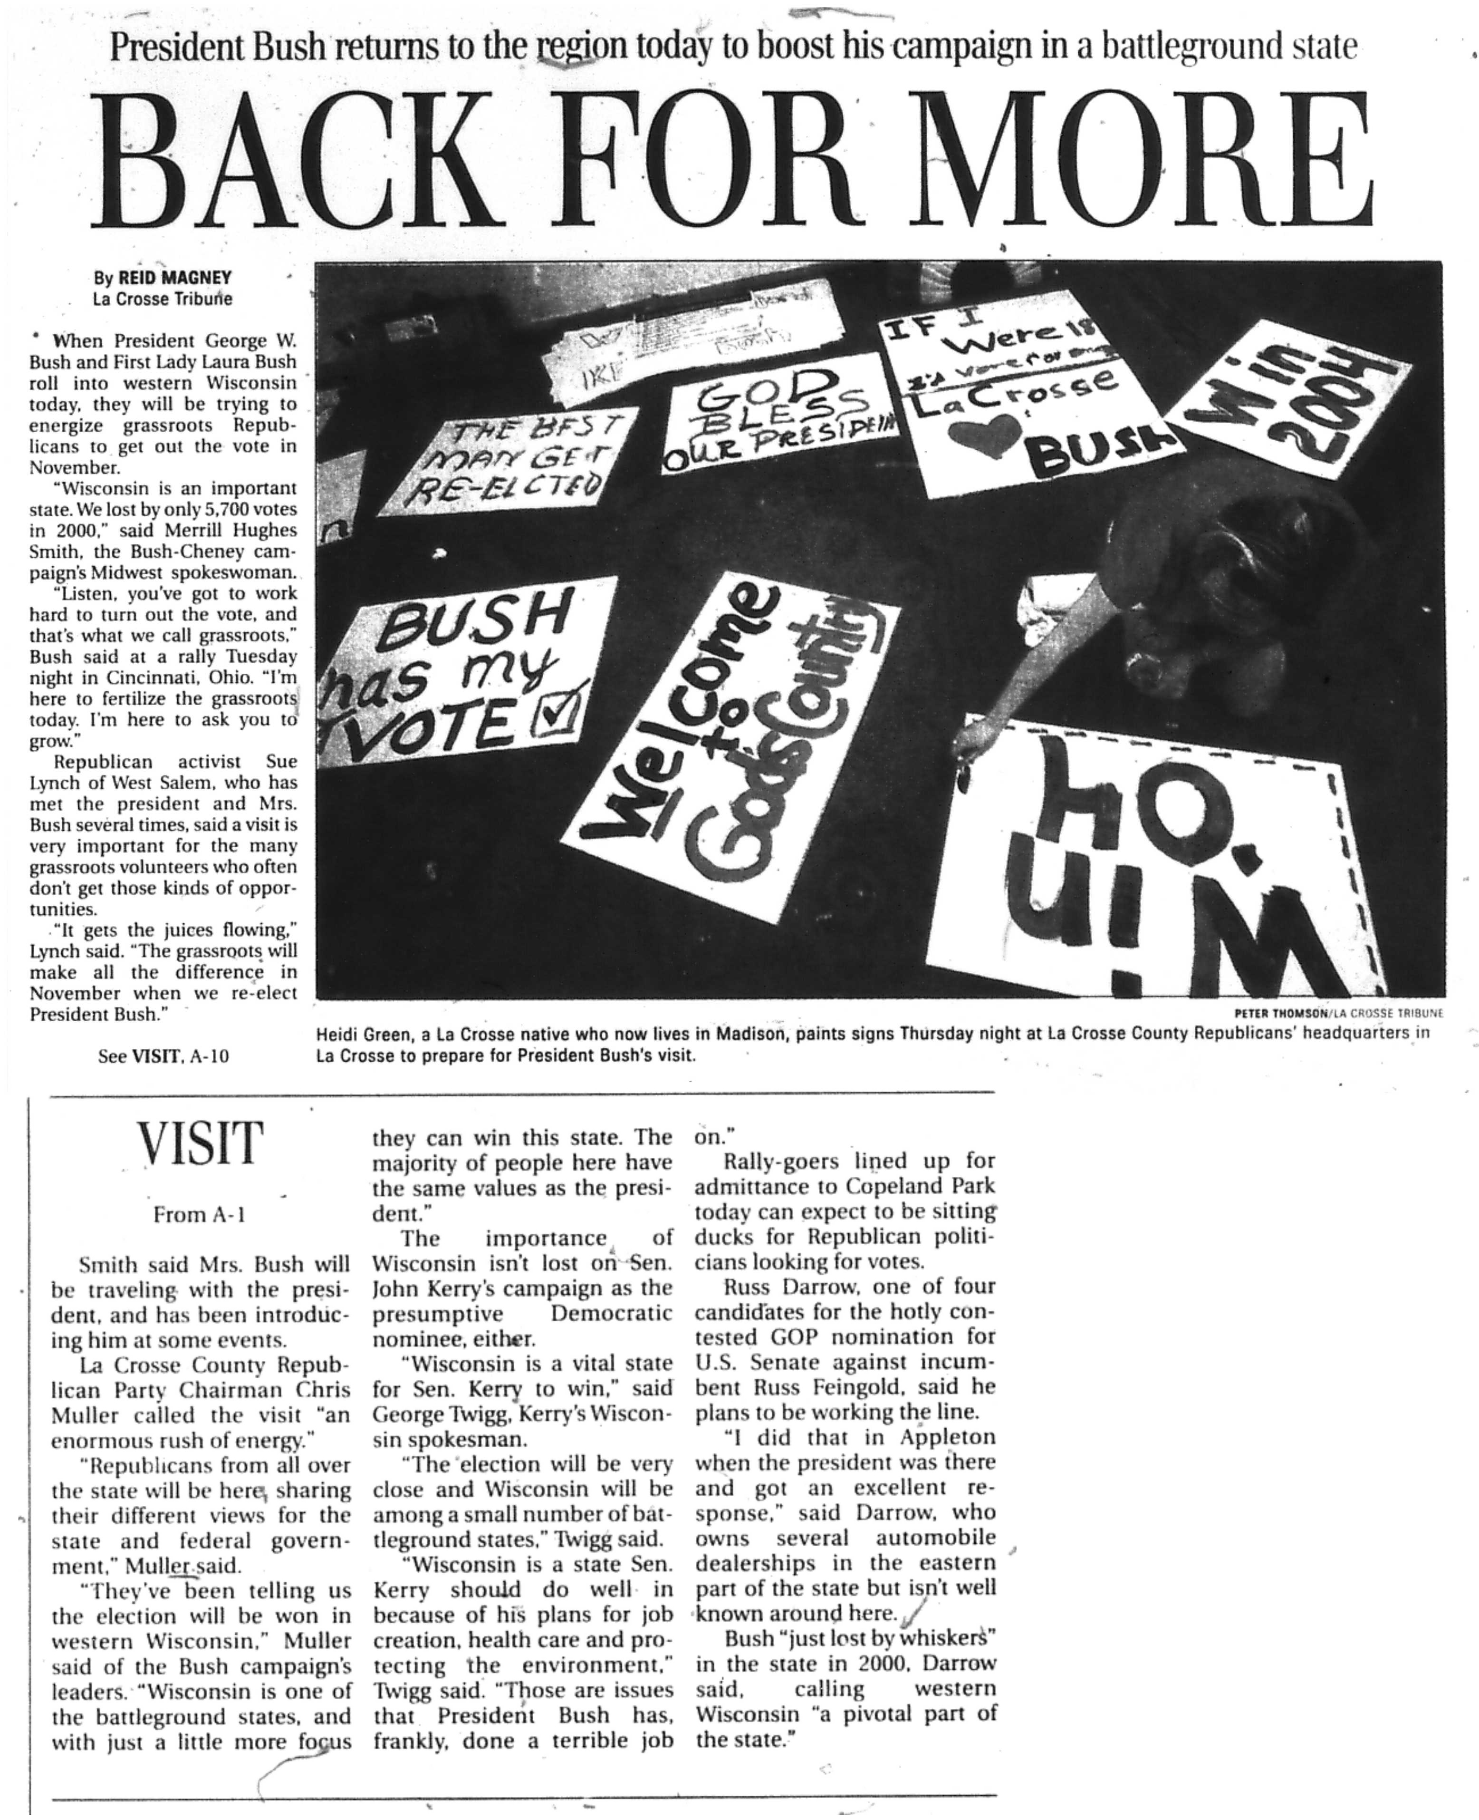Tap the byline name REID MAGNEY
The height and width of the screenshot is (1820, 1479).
(174, 278)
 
